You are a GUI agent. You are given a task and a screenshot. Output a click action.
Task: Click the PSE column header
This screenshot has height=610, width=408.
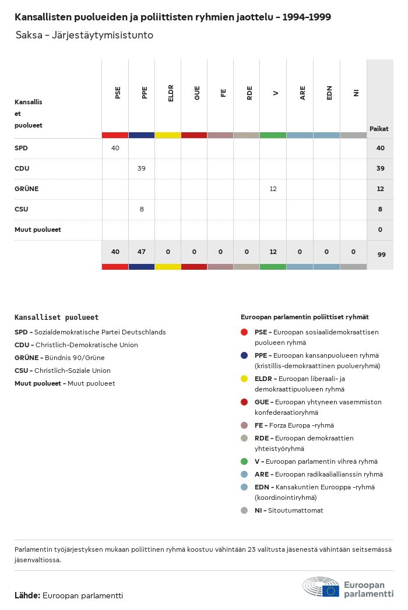[x=118, y=93]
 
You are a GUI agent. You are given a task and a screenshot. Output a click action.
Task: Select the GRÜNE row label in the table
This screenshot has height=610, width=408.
[x=26, y=189]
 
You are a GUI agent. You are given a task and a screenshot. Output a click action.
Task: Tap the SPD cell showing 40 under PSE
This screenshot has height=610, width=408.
[x=115, y=148]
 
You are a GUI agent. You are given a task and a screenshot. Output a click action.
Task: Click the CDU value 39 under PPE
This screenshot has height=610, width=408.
[x=142, y=168]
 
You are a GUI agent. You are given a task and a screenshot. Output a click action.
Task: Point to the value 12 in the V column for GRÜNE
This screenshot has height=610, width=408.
[x=273, y=189]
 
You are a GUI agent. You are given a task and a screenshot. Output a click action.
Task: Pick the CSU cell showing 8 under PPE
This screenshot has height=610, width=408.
[x=142, y=209]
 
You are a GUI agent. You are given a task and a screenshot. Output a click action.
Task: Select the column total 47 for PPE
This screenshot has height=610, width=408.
[x=142, y=252]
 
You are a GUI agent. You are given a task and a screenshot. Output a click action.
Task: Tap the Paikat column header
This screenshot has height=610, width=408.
[x=379, y=129]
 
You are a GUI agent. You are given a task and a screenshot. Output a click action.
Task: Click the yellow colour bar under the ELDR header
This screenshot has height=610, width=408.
[x=168, y=135]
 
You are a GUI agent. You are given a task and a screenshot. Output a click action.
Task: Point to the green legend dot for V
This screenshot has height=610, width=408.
[x=244, y=461]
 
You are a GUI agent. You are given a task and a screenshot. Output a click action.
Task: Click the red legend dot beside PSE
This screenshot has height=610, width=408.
[x=244, y=332]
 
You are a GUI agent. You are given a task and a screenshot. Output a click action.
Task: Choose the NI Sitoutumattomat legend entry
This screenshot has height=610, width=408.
[x=289, y=510]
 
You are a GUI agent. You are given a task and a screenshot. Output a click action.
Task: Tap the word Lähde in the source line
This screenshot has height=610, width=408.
[x=27, y=595]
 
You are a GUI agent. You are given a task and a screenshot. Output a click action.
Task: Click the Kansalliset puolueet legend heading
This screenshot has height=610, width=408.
[x=57, y=318]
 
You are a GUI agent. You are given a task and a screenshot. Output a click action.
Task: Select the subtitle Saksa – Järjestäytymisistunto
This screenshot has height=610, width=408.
[x=85, y=36]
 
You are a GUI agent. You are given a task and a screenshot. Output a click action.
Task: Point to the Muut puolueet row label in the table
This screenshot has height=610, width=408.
[x=38, y=230]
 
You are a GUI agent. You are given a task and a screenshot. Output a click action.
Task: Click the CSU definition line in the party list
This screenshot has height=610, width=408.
[x=62, y=371]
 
